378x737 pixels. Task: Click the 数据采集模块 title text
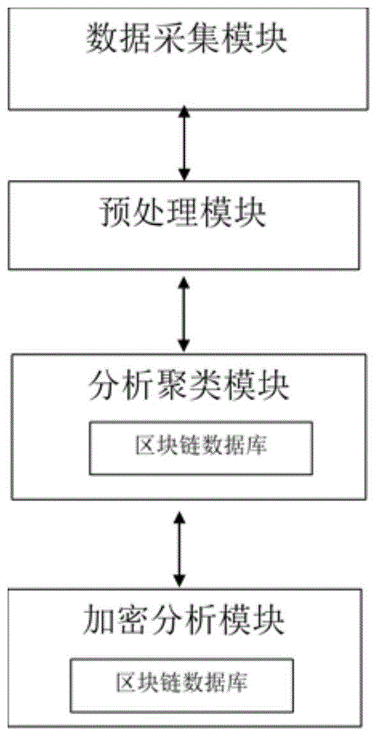point(186,40)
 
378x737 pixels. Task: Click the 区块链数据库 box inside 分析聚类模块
point(201,447)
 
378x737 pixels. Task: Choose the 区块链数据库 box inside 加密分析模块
point(181,685)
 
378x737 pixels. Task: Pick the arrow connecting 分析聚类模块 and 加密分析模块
point(178,548)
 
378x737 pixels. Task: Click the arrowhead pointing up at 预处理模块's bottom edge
point(183,282)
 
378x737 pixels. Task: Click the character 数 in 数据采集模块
point(100,40)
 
